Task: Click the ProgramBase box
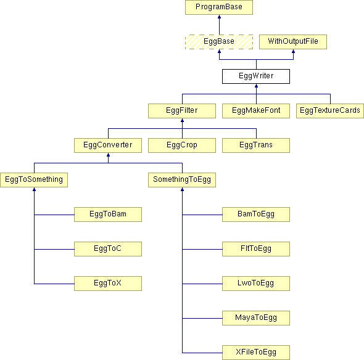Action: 219,7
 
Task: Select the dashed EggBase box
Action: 219,42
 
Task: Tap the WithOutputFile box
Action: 293,42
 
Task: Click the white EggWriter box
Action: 256,76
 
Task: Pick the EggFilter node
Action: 182,111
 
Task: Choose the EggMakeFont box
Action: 256,111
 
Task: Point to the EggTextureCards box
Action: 330,111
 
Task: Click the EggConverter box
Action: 108,145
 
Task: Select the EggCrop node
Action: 182,145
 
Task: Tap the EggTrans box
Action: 256,145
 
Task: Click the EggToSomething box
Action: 34,180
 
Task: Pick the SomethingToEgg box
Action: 182,180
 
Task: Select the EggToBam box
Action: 108,215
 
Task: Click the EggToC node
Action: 108,249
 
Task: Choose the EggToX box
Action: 108,284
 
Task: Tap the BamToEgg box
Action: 256,215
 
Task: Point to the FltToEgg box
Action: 256,249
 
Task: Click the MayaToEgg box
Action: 256,318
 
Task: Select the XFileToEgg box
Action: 256,353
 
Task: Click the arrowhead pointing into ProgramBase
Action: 219,17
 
